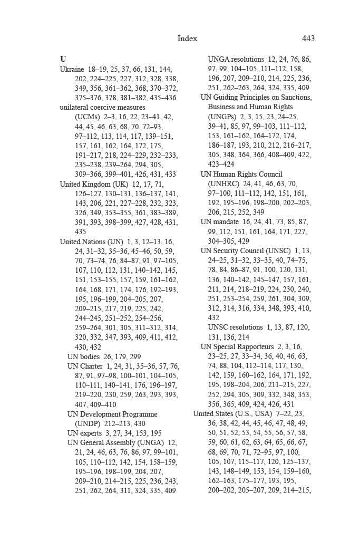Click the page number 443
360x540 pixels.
pos(308,38)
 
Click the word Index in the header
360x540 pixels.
pos(187,38)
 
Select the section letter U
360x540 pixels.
pos(63,59)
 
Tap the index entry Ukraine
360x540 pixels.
pos(72,69)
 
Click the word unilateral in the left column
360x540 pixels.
pos(75,107)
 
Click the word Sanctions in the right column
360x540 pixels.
pos(295,98)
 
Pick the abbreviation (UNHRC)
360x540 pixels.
pos(223,184)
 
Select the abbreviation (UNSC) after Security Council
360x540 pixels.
pos(275,250)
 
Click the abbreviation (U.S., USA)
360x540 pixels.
pos(253,413)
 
